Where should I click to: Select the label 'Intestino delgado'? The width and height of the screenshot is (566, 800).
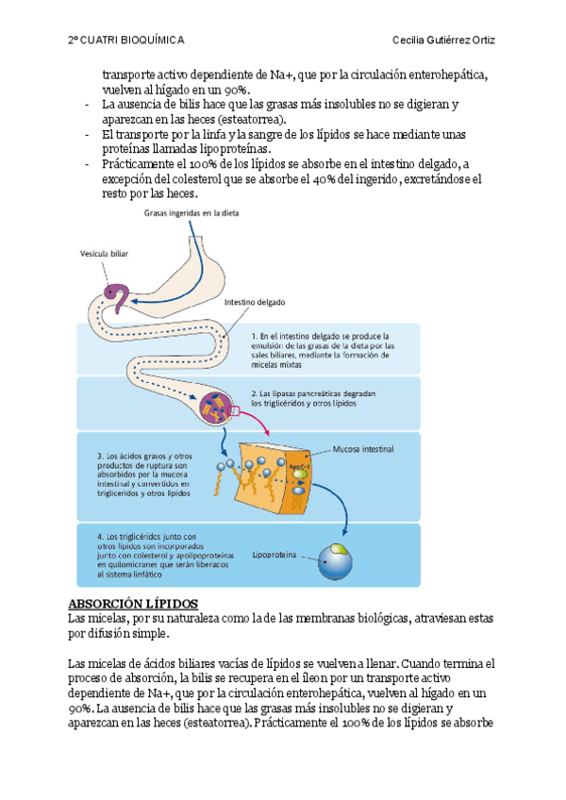[x=254, y=303]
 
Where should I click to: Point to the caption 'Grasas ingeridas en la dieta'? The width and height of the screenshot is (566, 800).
[x=191, y=213]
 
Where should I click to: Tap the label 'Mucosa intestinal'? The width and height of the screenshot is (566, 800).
[x=364, y=449]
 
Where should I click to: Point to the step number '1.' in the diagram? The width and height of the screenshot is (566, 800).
[x=255, y=335]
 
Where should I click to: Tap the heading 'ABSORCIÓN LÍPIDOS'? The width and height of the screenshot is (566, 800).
[x=133, y=602]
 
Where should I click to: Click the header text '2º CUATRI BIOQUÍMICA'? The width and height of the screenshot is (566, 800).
[x=126, y=41]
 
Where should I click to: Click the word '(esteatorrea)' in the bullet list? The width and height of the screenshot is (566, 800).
[x=250, y=120]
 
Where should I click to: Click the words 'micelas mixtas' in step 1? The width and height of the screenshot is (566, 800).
[x=280, y=364]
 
